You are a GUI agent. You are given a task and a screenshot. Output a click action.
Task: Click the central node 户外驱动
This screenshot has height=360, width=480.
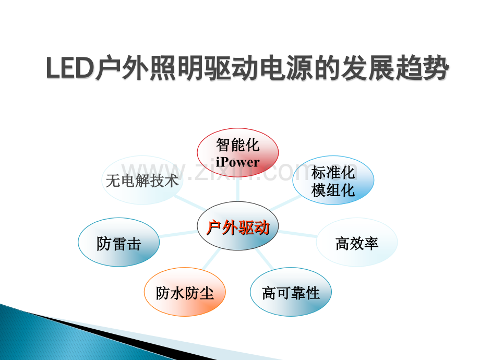pos(238,227)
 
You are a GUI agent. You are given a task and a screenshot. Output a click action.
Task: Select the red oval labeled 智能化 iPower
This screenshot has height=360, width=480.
pos(237,153)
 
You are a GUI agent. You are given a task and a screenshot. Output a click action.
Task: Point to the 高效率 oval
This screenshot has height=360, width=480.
pos(357,243)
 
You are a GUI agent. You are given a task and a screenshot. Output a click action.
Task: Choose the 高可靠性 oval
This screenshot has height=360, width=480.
pos(291,293)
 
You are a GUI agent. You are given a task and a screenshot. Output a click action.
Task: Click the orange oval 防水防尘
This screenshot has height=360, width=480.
pos(185,293)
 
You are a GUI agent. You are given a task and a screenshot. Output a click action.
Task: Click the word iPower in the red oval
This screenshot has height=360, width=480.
pos(237,162)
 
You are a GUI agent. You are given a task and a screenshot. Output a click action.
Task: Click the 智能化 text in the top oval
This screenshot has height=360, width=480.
pos(237,145)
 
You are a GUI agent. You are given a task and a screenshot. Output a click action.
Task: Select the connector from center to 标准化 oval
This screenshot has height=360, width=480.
pos(284,203)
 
